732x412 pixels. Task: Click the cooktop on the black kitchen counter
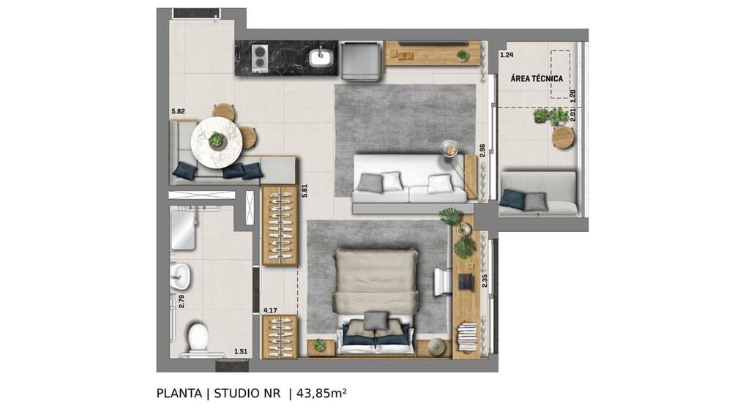click(x=259, y=59)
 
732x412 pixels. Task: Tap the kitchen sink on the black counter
click(x=321, y=57)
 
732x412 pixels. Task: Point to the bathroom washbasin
click(x=179, y=276)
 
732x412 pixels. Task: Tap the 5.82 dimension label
click(x=177, y=111)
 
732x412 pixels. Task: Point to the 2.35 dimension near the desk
click(x=484, y=280)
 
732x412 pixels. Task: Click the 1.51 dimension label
click(x=240, y=352)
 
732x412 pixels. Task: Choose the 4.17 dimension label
click(x=269, y=310)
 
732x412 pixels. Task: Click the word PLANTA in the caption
click(x=179, y=393)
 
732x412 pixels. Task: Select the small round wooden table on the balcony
click(x=563, y=138)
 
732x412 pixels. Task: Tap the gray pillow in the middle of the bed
click(x=376, y=321)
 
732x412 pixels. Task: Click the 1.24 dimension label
click(x=507, y=55)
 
